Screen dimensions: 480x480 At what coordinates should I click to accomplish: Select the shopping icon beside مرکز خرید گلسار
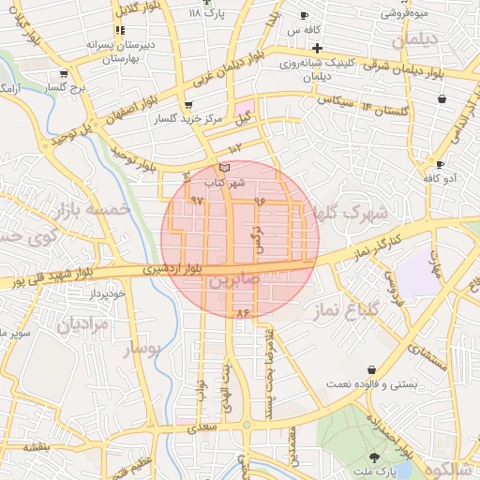190,105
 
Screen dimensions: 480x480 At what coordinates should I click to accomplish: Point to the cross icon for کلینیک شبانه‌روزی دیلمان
318,49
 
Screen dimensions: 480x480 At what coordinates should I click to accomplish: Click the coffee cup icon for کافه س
305,16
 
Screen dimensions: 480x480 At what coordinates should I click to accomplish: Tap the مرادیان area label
83,324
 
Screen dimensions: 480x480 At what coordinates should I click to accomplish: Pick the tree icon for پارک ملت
375,457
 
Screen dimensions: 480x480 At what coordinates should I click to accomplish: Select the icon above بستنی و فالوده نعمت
373,370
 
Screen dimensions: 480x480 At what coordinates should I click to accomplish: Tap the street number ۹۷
197,201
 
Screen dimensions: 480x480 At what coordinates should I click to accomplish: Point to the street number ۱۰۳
234,147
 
